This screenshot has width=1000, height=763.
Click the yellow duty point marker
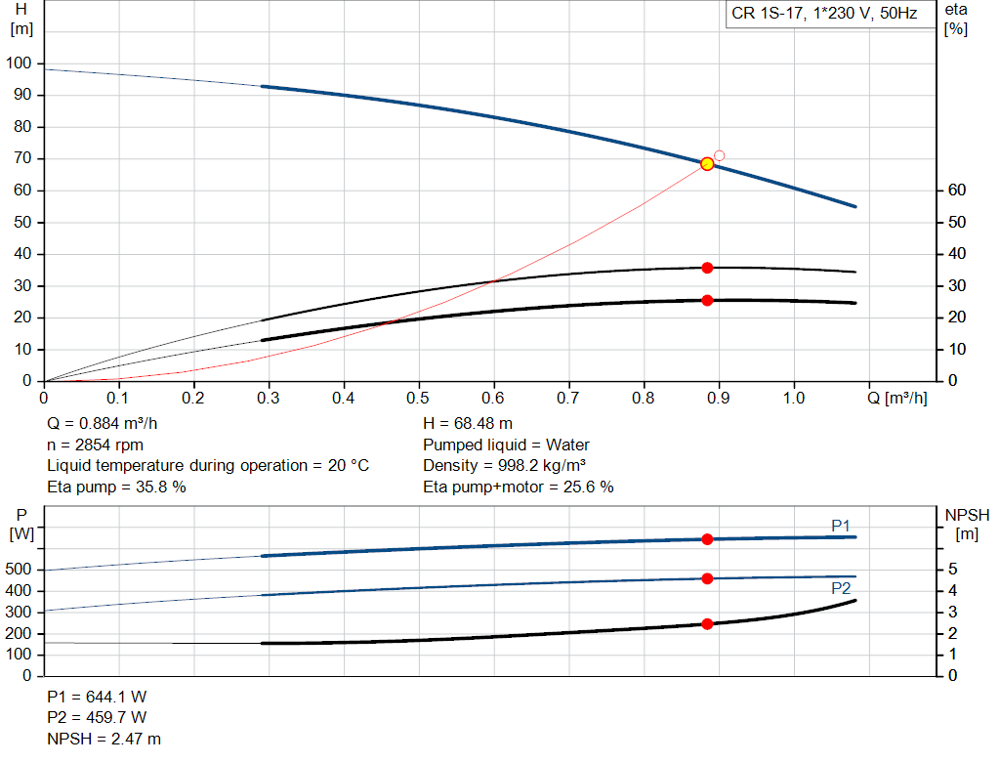[707, 163]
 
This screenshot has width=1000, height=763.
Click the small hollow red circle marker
[720, 155]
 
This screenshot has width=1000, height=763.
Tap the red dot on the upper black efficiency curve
[707, 268]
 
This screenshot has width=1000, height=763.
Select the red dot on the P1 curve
[707, 539]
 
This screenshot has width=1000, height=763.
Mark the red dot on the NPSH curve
[707, 623]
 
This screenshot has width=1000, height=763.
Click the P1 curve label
[841, 526]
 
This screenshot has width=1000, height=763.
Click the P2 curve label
[841, 589]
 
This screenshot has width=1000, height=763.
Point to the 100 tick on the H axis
[20, 64]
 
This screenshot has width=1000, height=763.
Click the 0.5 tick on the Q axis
[418, 398]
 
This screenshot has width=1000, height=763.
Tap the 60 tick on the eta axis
[958, 191]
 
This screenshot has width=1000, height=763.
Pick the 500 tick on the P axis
[20, 569]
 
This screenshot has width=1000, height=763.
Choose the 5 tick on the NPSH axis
[952, 569]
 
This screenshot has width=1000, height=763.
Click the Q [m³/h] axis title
[897, 398]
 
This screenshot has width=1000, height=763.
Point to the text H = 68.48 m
[468, 424]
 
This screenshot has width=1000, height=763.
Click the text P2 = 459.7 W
[97, 717]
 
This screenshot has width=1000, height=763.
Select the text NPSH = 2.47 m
[104, 739]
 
